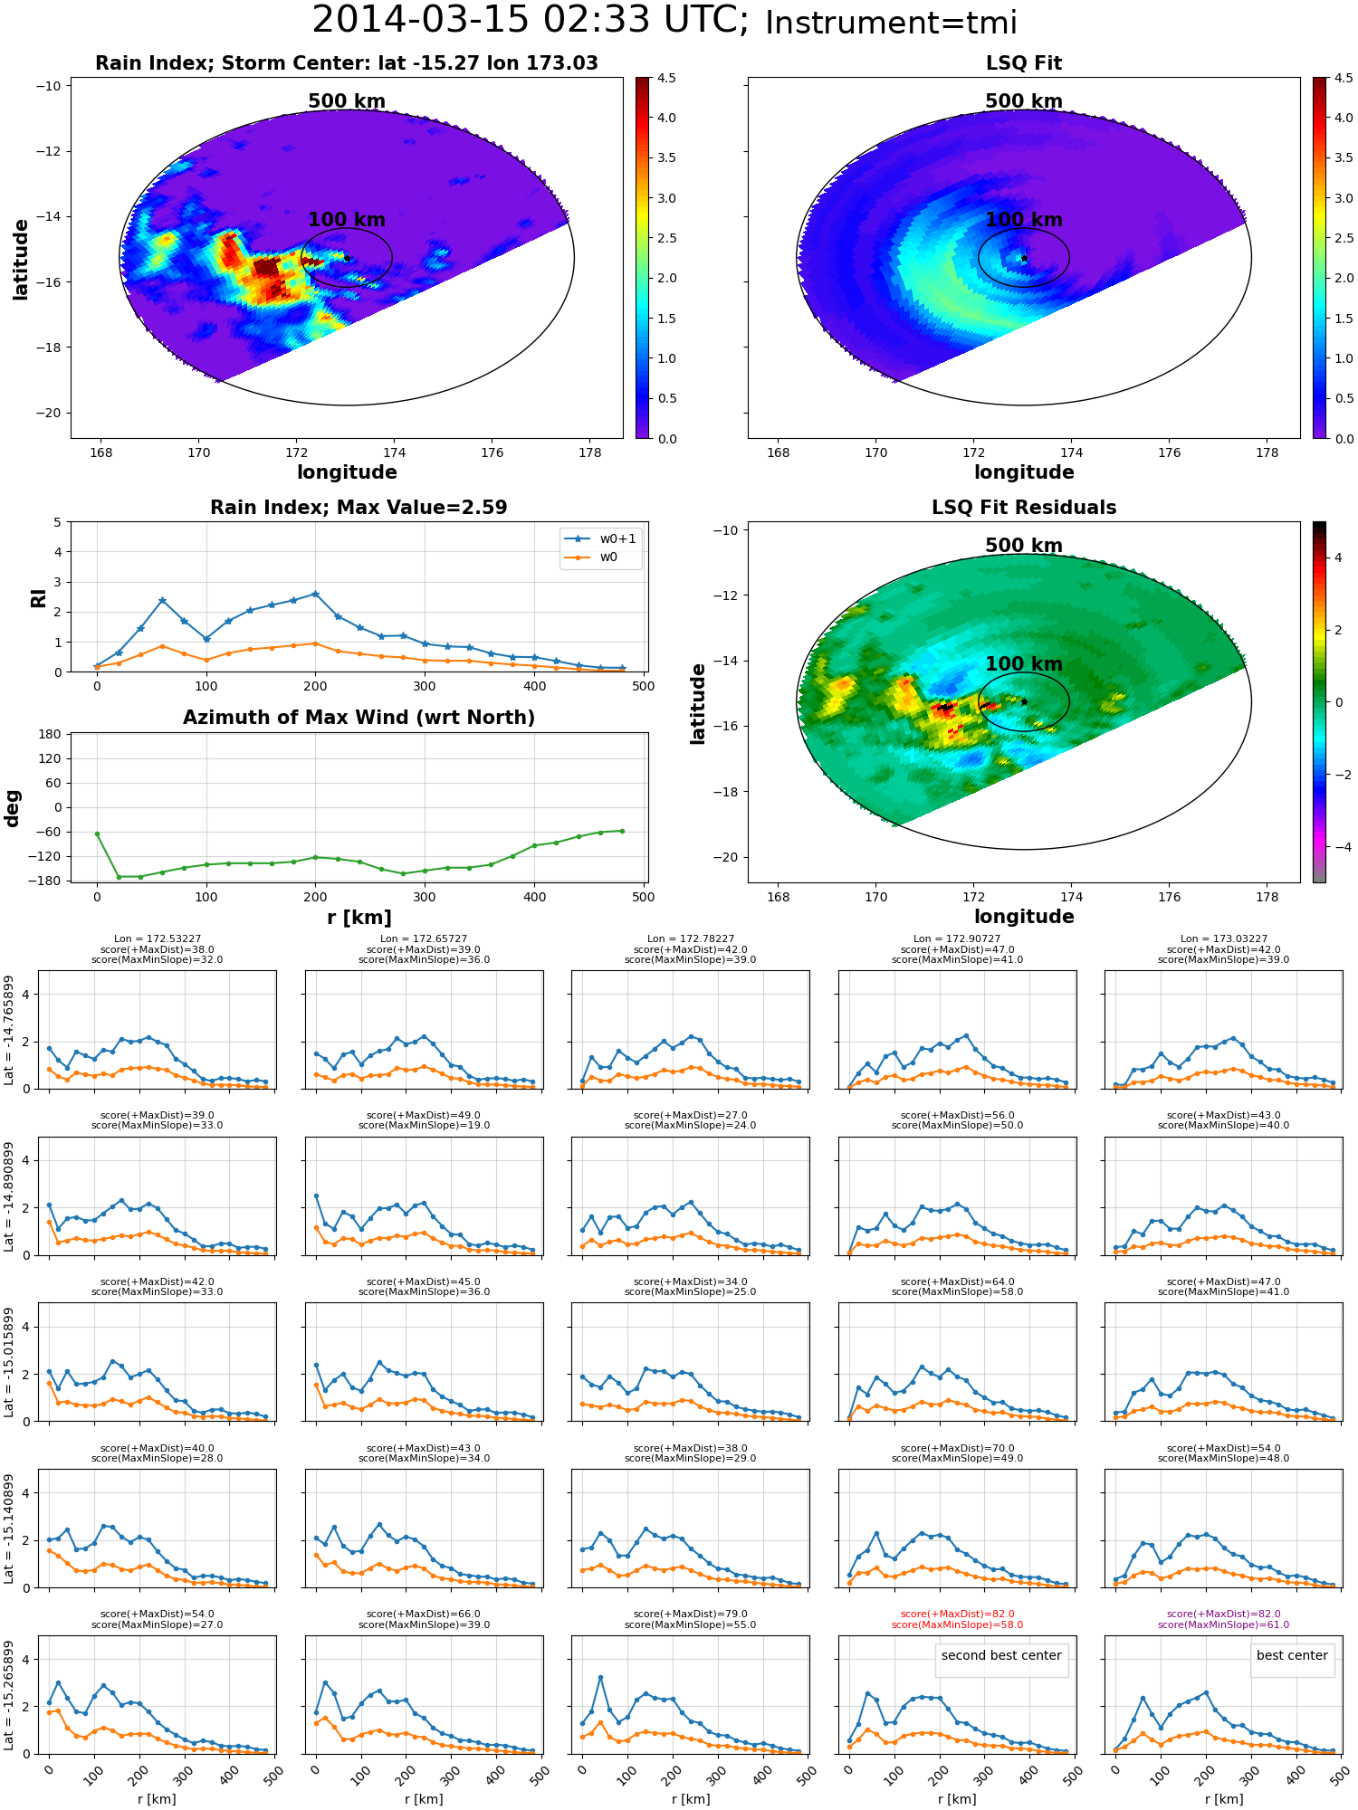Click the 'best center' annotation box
tap(1292, 1655)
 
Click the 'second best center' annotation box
tap(1001, 1655)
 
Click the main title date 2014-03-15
tap(420, 20)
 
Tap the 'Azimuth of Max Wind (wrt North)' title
tap(359, 718)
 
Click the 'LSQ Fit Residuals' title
tap(1024, 508)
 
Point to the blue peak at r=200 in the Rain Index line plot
tap(315, 594)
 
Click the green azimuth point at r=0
tap(97, 834)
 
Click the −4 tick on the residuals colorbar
tap(1338, 847)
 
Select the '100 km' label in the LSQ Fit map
tap(1024, 220)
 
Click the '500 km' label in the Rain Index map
tap(347, 101)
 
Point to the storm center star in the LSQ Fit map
tap(1024, 258)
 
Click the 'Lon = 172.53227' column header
tap(158, 938)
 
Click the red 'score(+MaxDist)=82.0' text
tap(957, 1614)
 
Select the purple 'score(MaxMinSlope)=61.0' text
tap(1223, 1624)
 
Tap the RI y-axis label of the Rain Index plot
tap(38, 597)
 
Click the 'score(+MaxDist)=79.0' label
tap(691, 1614)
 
